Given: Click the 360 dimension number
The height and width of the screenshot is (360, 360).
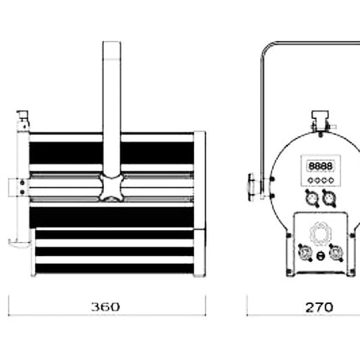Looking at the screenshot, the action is click(105, 306).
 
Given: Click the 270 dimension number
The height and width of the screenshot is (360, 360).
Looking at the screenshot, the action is click(319, 307).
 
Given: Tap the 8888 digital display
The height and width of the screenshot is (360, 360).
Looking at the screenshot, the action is click(321, 166).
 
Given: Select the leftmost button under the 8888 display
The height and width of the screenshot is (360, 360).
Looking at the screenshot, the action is click(311, 180).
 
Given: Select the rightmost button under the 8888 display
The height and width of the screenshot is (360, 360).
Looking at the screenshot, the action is click(331, 180).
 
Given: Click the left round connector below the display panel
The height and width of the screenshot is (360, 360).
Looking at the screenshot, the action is click(311, 198).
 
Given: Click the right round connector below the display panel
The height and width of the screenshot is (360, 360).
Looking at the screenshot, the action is click(329, 198).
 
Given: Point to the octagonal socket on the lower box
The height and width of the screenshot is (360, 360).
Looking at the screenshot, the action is click(321, 234).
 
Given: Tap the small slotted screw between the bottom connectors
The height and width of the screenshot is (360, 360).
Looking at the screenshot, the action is click(320, 255).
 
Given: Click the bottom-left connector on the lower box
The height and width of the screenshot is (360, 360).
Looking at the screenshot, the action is click(305, 253).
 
